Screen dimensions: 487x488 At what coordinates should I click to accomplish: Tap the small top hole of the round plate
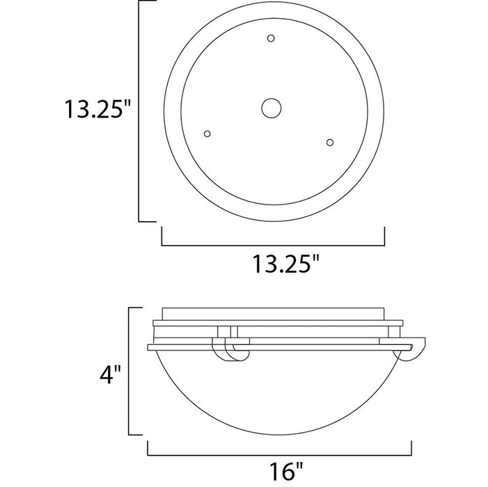point(271,38)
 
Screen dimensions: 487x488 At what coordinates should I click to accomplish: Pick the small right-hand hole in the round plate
point(330,142)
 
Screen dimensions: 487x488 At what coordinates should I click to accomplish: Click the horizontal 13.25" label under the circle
point(286,264)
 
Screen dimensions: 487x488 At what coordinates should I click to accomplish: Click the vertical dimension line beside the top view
point(141,111)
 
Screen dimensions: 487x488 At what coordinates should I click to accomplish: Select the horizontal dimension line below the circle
point(273,246)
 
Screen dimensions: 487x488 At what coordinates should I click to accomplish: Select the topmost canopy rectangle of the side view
point(278,313)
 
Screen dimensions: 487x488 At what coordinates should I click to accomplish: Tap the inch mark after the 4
point(119,373)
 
